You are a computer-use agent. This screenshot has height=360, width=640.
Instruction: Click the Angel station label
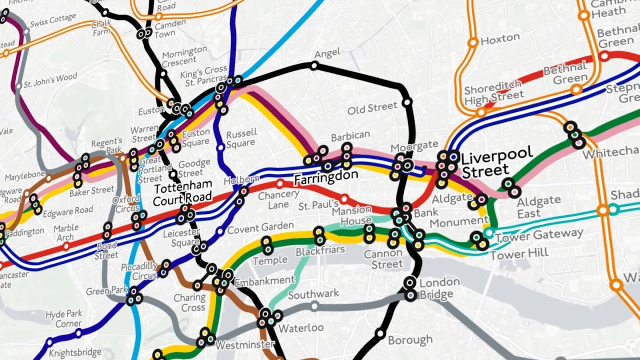click(327, 54)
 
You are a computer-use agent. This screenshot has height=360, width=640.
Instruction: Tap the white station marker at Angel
click(314, 66)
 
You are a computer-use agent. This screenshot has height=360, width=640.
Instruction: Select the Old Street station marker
click(407, 103)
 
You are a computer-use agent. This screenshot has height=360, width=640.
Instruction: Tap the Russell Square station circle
click(220, 148)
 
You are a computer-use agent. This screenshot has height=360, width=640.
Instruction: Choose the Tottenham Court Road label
click(182, 193)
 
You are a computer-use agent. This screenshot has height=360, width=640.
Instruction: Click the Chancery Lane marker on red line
click(280, 184)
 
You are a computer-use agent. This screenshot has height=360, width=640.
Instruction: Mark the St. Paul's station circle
click(344, 199)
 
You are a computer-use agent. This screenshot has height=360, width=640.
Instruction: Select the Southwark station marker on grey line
click(315, 306)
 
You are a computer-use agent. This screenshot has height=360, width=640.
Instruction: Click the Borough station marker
click(380, 333)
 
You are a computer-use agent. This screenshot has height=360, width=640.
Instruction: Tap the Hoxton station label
click(500, 39)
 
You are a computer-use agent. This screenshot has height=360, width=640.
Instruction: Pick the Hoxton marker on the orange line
click(473, 42)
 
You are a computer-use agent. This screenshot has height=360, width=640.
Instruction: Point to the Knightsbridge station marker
click(49, 342)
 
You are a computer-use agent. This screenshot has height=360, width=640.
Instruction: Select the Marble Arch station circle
click(66, 246)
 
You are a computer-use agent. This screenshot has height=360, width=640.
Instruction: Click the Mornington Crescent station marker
click(163, 73)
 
